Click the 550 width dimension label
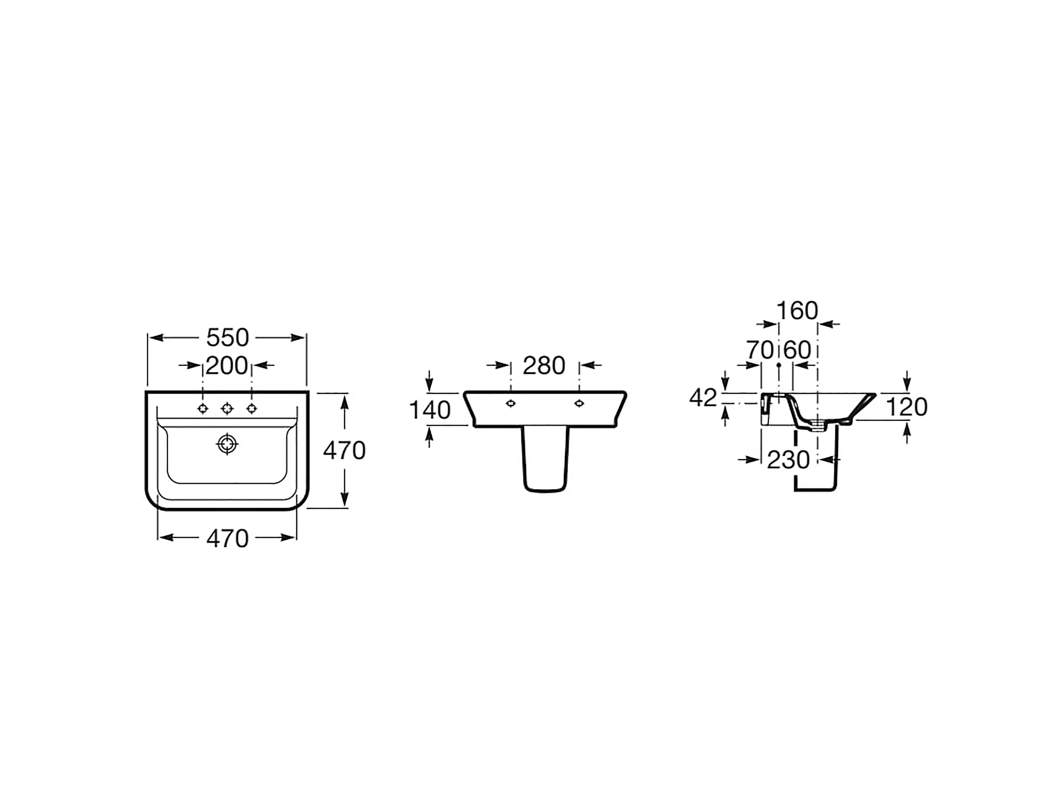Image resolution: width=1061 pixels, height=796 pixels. click(x=227, y=338)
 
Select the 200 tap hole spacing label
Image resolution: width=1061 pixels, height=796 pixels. click(x=227, y=366)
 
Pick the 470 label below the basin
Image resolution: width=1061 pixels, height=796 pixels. click(x=227, y=538)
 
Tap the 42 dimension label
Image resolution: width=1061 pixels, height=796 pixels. click(x=703, y=398)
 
